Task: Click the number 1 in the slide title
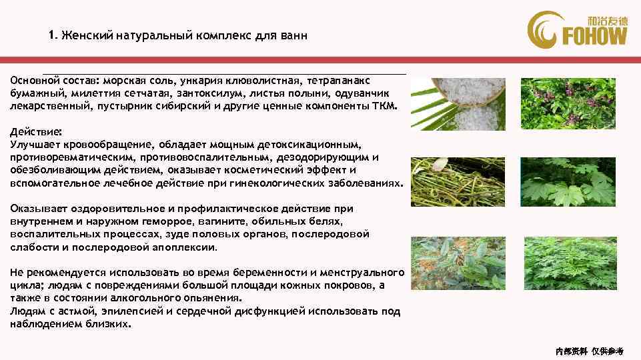tap(51, 35)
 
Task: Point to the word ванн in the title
tap(293, 35)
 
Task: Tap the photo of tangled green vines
tap(458, 181)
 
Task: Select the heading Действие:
tap(34, 132)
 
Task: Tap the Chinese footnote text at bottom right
tap(589, 350)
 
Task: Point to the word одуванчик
tap(366, 93)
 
